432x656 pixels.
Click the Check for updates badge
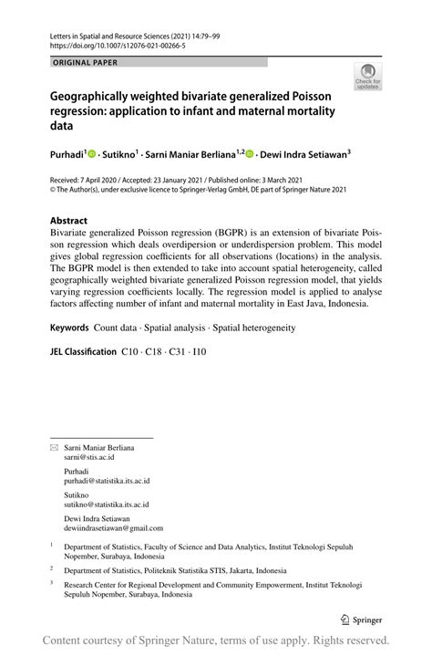[368, 77]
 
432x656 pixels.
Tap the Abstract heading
[69, 221]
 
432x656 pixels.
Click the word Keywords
[70, 327]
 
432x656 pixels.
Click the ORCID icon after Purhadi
[91, 156]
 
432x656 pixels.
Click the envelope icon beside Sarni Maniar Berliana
[54, 449]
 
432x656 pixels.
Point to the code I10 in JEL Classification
[198, 351]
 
